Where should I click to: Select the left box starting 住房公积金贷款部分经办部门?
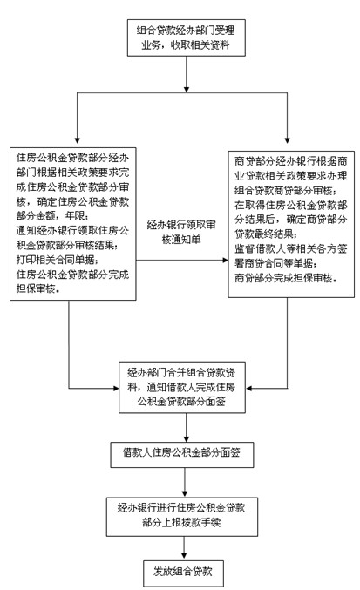pyautogui.click(x=71, y=224)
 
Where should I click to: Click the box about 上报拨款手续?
pyautogui.click(x=185, y=513)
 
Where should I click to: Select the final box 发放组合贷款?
pyautogui.click(x=185, y=573)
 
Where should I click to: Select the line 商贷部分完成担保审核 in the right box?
pyautogui.click(x=286, y=277)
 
